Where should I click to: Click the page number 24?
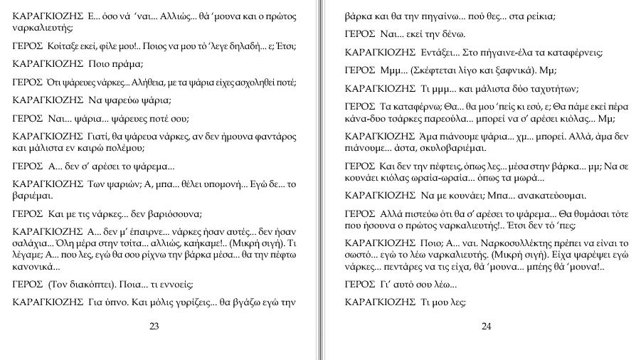point(487,327)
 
